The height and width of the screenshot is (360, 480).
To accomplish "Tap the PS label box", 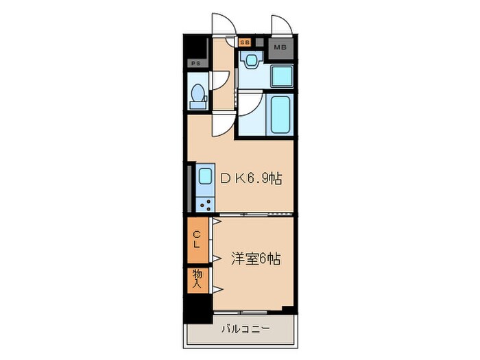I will [195, 64].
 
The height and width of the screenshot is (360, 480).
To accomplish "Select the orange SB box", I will [245, 42].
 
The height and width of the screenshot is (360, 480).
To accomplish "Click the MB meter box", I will [280, 47].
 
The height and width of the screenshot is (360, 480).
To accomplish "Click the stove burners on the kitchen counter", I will [205, 202].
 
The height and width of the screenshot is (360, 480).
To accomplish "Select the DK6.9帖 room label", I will [250, 178].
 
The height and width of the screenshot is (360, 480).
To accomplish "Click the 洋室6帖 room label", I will [255, 259].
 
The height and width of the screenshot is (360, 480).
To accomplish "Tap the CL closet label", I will [196, 239].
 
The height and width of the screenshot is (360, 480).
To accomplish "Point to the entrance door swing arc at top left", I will [224, 25].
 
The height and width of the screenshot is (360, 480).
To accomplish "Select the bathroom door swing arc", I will [248, 103].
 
